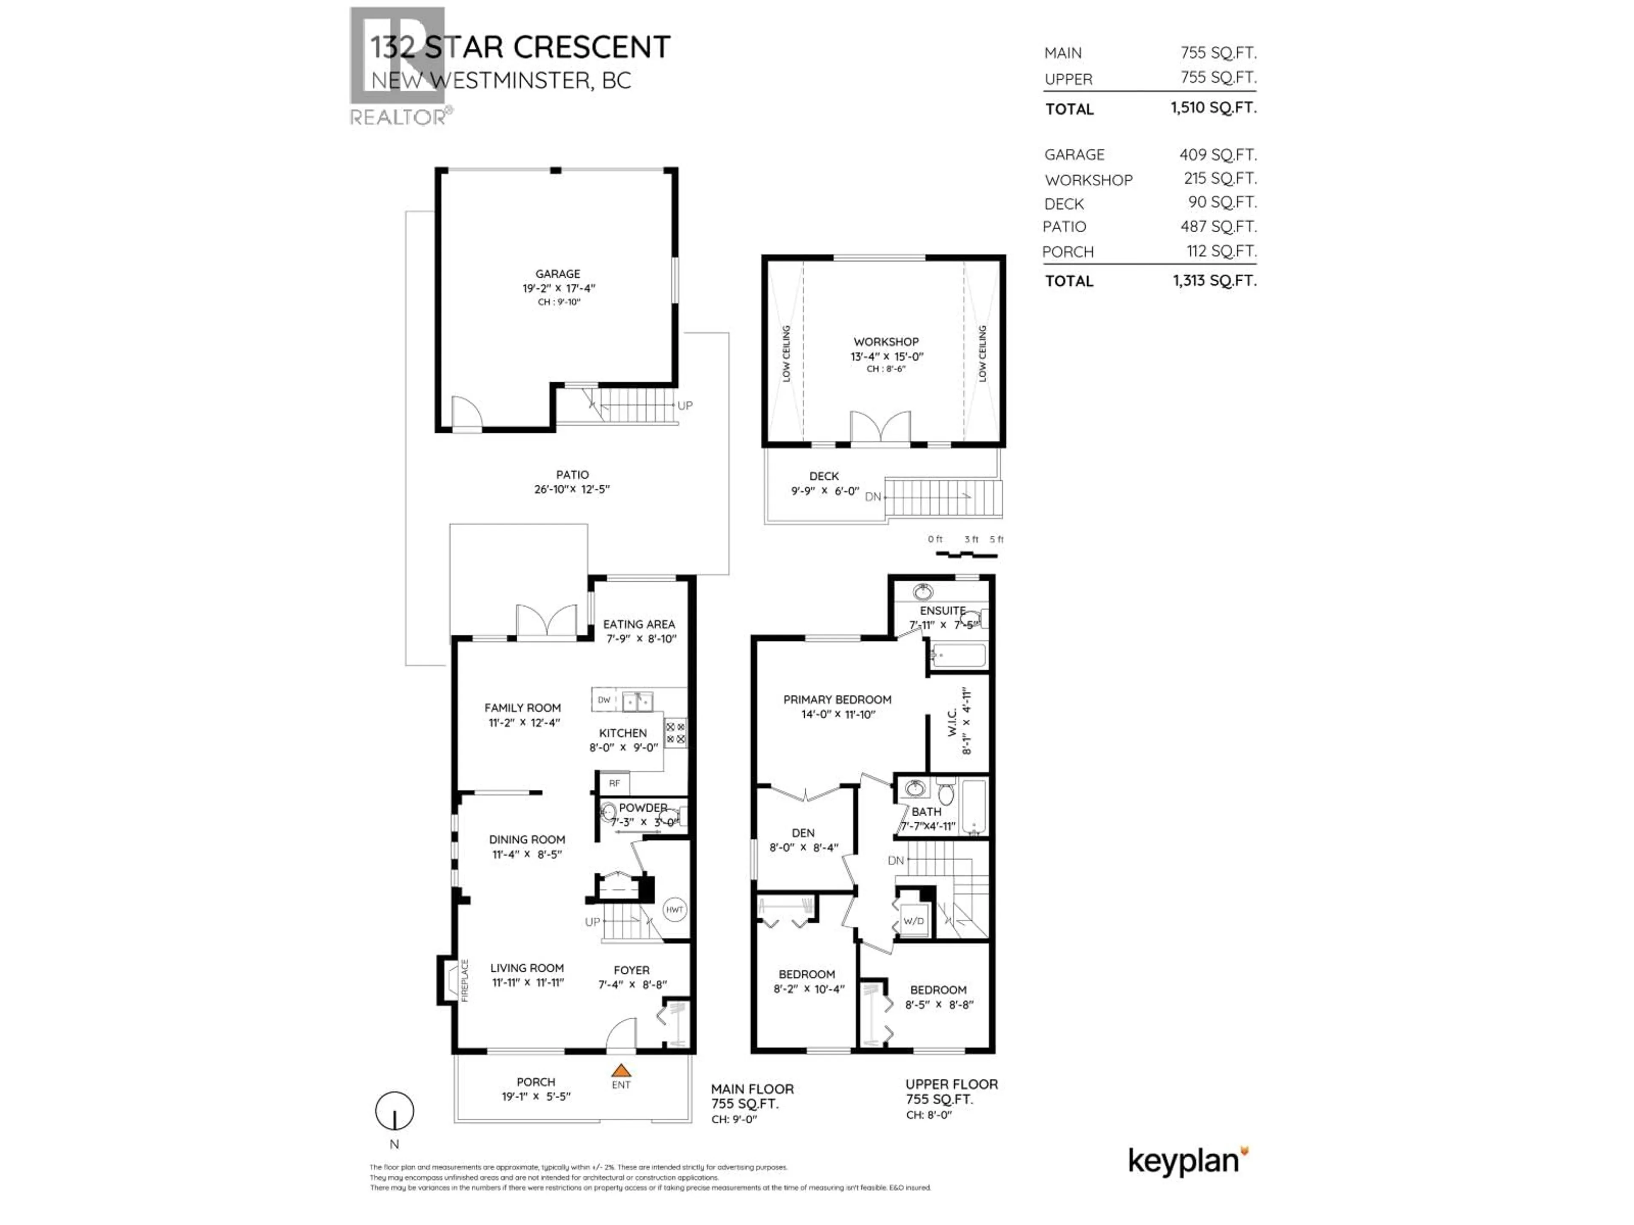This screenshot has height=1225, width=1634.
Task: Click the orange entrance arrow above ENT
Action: (x=621, y=1069)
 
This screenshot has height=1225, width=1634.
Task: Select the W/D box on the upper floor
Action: (x=914, y=921)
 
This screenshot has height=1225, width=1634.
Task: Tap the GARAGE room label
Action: (x=558, y=273)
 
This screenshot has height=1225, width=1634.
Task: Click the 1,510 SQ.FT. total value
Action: (x=1213, y=108)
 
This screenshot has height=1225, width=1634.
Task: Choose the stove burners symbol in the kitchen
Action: (x=676, y=732)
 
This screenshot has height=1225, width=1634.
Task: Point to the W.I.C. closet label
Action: (x=952, y=721)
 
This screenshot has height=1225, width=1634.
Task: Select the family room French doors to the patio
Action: (x=547, y=622)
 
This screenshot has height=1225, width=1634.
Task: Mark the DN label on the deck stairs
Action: (x=873, y=497)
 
